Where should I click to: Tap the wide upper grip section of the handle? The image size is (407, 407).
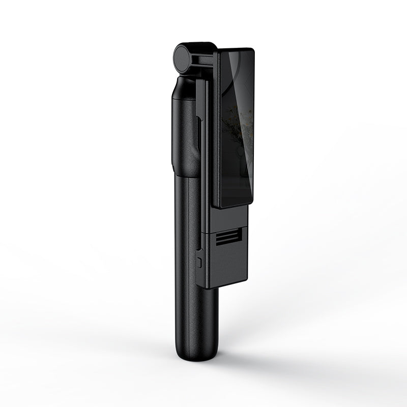[x=183, y=132]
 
